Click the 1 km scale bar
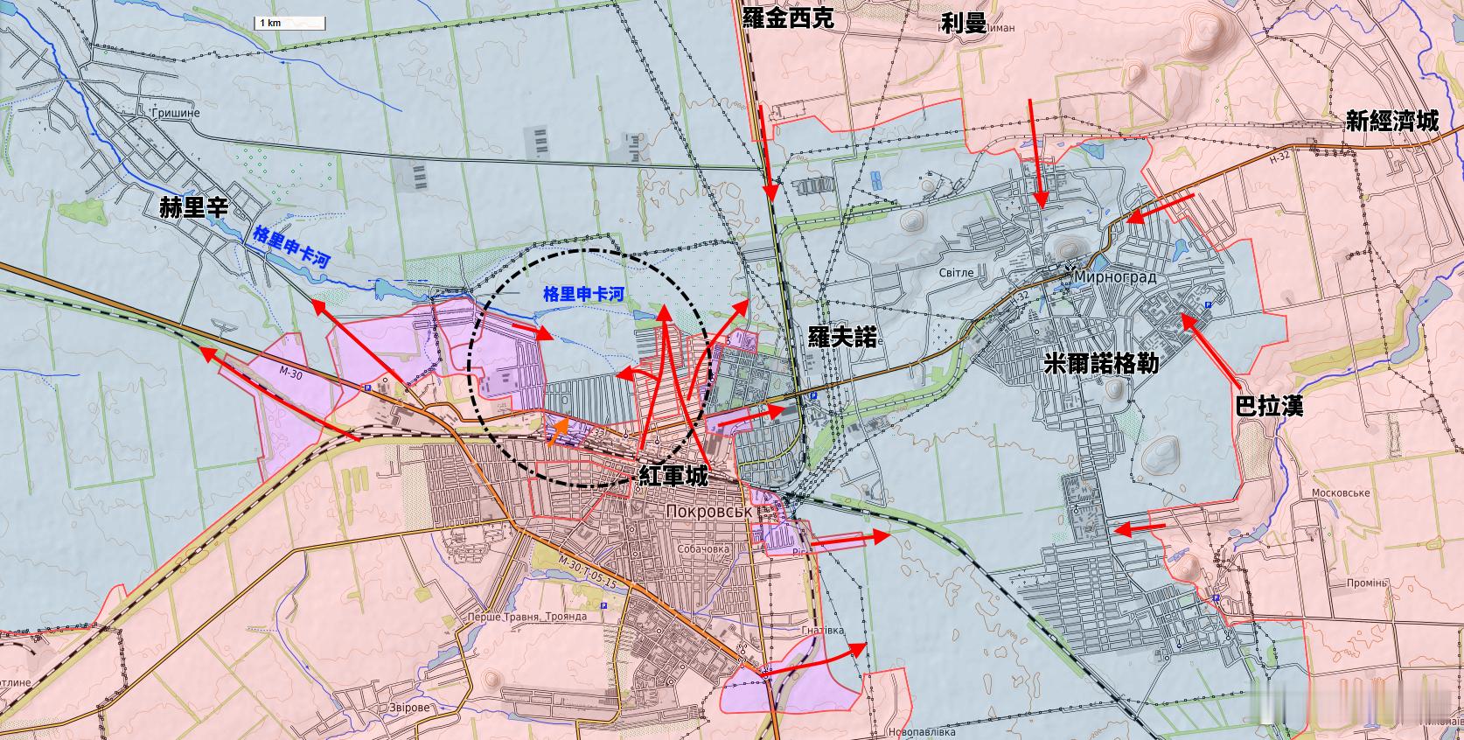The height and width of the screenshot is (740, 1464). point(289,24)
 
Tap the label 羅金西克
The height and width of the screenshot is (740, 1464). point(787,19)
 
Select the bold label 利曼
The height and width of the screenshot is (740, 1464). point(964,22)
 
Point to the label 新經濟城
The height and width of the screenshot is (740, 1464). point(1391,122)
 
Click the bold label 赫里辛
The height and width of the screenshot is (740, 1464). point(192,207)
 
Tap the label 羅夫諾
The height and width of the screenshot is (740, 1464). point(842,336)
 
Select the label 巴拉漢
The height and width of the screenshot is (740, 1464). point(1268,406)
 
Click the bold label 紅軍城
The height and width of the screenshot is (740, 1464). point(673,477)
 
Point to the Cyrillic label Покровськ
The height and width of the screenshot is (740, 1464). point(708,511)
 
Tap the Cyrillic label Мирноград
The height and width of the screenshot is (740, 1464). point(1114,277)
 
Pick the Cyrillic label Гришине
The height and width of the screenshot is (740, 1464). point(175,114)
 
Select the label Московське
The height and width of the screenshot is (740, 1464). point(1340,493)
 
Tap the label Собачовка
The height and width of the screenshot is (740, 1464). point(702,549)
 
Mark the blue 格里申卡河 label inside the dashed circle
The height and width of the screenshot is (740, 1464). point(583,294)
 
